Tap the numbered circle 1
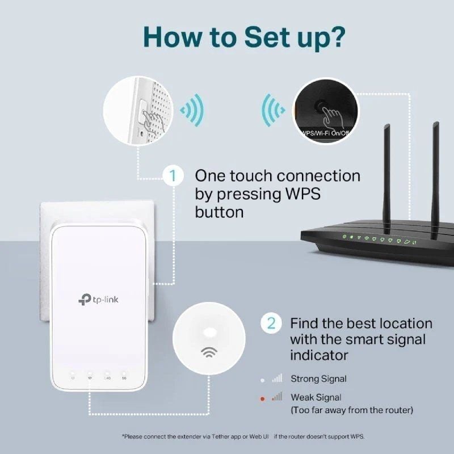click(x=173, y=175)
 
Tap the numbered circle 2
click(x=271, y=323)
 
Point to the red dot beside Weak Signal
click(x=262, y=399)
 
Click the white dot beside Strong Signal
click(x=262, y=379)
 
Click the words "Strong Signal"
click(x=318, y=379)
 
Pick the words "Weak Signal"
click(x=316, y=397)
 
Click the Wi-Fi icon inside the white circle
click(x=209, y=352)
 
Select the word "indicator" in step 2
click(x=319, y=355)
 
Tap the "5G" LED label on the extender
click(x=124, y=377)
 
